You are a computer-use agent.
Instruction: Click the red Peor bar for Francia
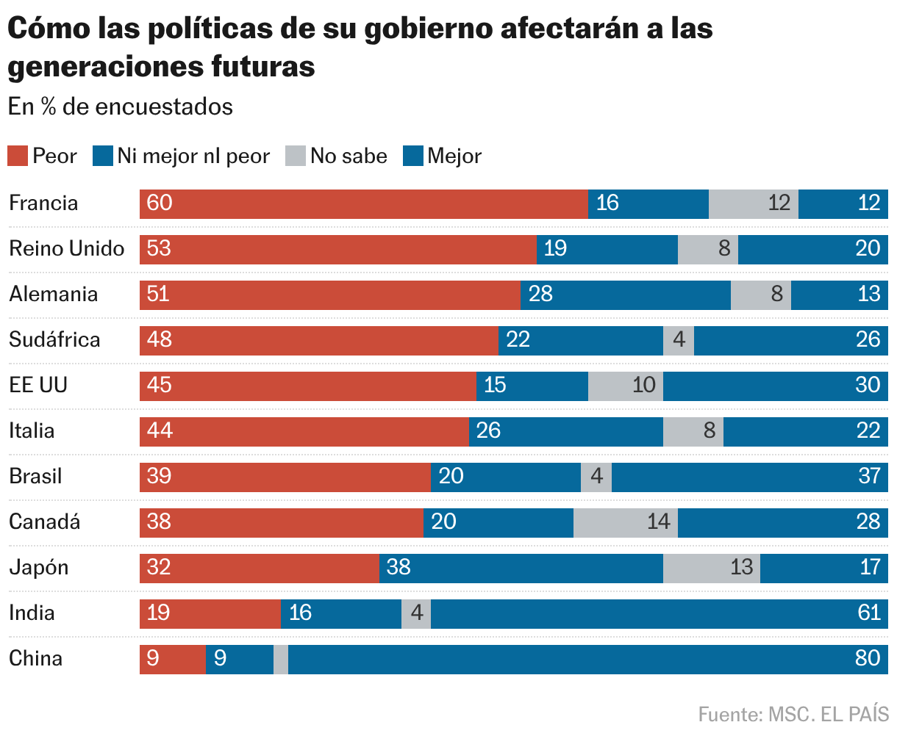point(363,203)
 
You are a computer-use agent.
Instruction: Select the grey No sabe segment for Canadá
point(625,522)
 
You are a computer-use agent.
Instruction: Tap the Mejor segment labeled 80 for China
point(587,659)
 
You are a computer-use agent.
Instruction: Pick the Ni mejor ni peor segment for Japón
point(521,568)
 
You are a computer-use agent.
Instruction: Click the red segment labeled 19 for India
point(210,613)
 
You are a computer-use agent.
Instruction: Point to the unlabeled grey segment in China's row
point(281,659)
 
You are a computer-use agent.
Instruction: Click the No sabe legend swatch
point(296,156)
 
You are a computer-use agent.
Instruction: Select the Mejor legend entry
point(443,156)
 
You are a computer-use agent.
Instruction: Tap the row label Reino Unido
point(66,249)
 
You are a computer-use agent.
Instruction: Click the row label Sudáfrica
point(54,340)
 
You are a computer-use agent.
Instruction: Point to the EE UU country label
point(38,386)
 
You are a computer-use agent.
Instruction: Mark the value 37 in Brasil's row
point(868,476)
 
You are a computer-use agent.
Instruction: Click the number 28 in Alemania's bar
point(540,295)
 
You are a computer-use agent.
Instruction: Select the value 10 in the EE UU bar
point(643,385)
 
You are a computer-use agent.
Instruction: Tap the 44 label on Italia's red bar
point(160,430)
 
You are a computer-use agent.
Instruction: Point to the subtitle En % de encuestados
point(121,107)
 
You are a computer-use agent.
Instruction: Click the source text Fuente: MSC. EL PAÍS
point(793,714)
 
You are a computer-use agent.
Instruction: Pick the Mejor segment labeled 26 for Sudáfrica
point(790,340)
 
